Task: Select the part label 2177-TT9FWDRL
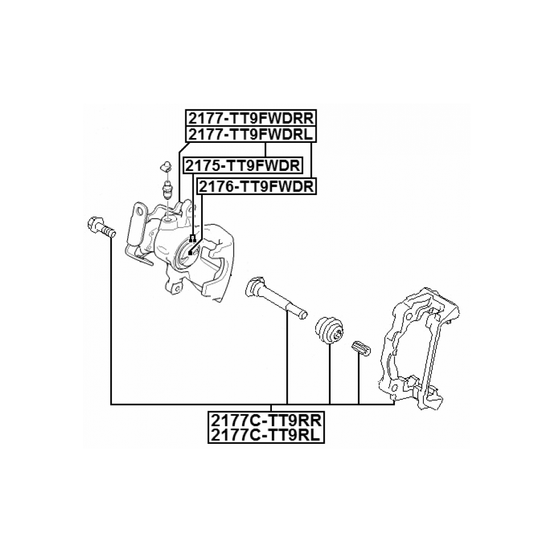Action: pyautogui.click(x=249, y=134)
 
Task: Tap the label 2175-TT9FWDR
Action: pyautogui.click(x=243, y=165)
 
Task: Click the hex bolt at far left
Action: pyautogui.click(x=101, y=226)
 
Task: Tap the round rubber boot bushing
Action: pyautogui.click(x=330, y=329)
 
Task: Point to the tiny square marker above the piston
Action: pyautogui.click(x=193, y=237)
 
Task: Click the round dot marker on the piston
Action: pyautogui.click(x=190, y=252)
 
